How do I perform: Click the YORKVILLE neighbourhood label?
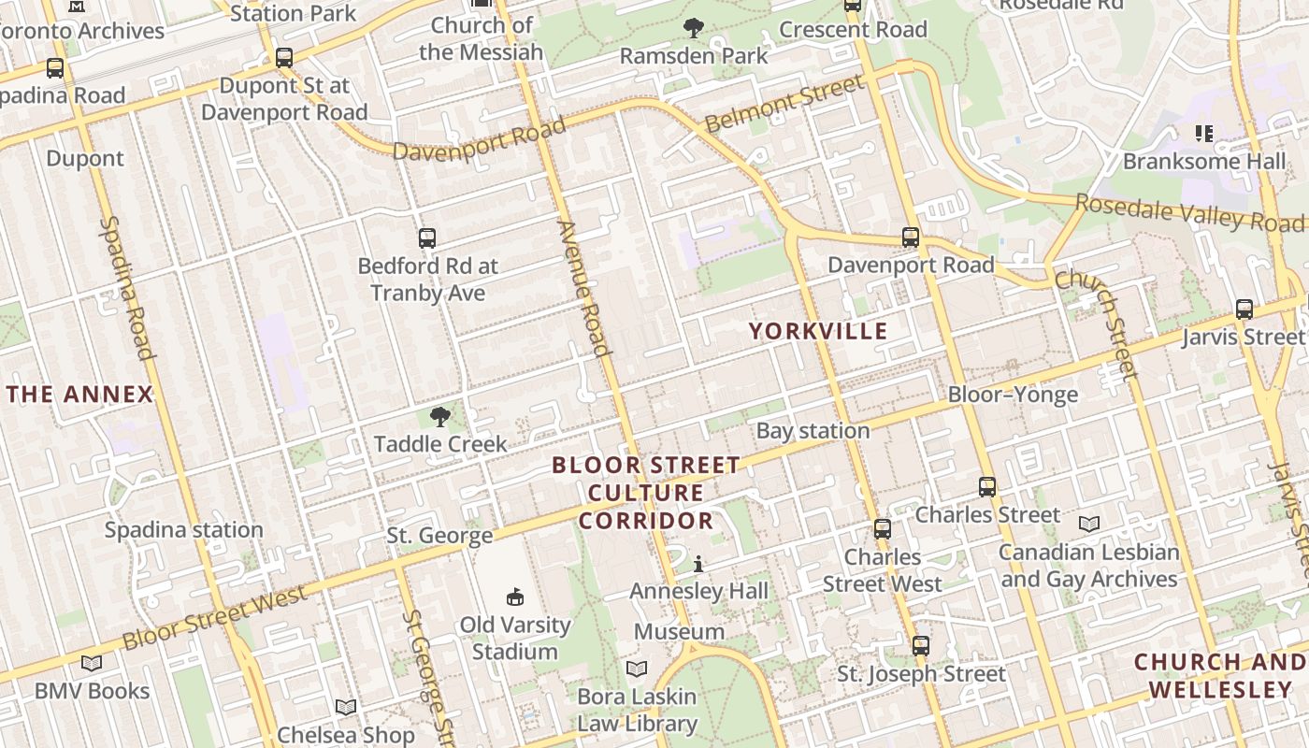tap(818, 331)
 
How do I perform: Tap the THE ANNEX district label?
tap(79, 395)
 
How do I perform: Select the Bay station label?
tap(813, 431)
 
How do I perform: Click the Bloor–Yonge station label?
tap(1013, 395)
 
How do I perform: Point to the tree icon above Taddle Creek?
tap(439, 417)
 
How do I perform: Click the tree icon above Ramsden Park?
tap(693, 28)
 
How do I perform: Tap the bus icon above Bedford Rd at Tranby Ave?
tap(427, 238)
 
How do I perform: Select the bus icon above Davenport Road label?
tap(911, 237)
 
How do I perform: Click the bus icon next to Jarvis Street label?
tap(1244, 309)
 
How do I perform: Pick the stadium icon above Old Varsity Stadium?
tap(514, 597)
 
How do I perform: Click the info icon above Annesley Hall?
tap(698, 564)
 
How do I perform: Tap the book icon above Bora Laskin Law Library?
tap(637, 669)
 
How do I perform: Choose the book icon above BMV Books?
tap(92, 663)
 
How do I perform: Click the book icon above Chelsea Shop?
tap(346, 707)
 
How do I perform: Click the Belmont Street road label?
tap(784, 104)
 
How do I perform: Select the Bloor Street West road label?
tap(214, 617)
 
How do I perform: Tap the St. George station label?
tap(439, 536)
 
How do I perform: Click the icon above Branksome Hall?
tap(1203, 134)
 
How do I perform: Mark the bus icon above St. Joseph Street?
tap(921, 646)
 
